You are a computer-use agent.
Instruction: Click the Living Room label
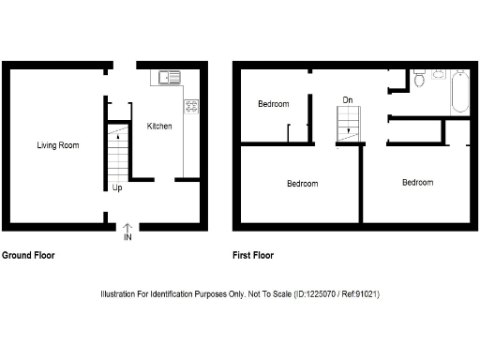tap(57, 145)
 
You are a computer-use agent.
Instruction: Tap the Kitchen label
tap(158, 126)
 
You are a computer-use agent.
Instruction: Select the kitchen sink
tap(170, 76)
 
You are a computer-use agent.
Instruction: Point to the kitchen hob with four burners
tap(191, 107)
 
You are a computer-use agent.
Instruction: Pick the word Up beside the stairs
tap(117, 187)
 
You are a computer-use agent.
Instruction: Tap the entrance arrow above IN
tap(127, 226)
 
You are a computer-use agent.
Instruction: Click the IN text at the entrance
tap(127, 237)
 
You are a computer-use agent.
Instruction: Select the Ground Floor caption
tap(28, 255)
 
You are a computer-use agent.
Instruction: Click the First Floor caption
tap(257, 255)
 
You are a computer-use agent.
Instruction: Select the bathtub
tap(459, 91)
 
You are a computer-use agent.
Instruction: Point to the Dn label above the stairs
tap(348, 99)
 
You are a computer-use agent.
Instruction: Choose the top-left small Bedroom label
tap(274, 104)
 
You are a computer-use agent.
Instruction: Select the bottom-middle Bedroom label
tap(302, 183)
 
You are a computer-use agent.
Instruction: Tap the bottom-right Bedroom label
tap(417, 182)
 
